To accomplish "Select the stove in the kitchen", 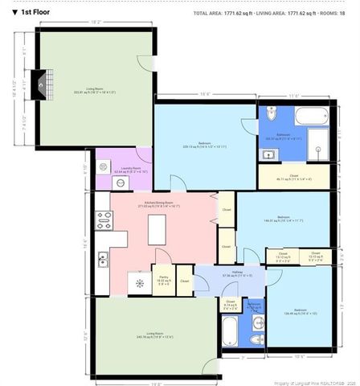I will [104, 218].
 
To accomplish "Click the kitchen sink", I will [104, 259].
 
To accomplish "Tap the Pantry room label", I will [163, 281].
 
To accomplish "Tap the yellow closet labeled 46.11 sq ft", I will [294, 177].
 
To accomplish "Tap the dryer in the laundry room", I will [102, 181].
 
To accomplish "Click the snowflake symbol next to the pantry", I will [140, 282].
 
